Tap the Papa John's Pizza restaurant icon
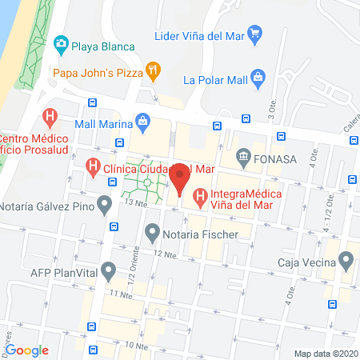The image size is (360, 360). (152, 72)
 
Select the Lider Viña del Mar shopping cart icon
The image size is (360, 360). (254, 34)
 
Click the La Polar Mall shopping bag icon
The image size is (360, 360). (258, 78)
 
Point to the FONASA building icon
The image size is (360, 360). (242, 157)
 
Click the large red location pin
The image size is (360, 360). (180, 178)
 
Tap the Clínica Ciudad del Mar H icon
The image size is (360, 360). (93, 168)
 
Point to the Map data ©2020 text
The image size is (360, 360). (325, 353)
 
